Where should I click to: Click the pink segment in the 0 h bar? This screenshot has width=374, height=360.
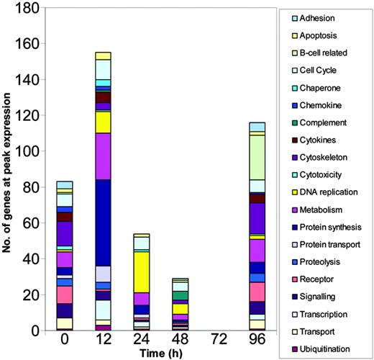tap(65, 294)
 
